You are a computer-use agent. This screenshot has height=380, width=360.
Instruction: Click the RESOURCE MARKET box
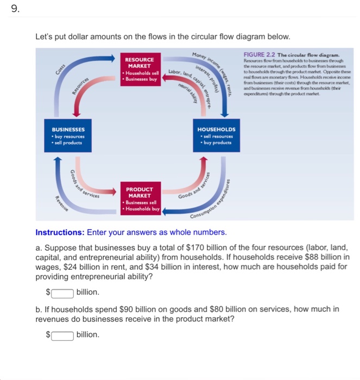[x=143, y=69]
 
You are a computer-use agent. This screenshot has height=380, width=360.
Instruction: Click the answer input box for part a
[x=62, y=292]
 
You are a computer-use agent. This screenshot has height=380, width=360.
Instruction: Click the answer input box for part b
[x=62, y=334]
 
